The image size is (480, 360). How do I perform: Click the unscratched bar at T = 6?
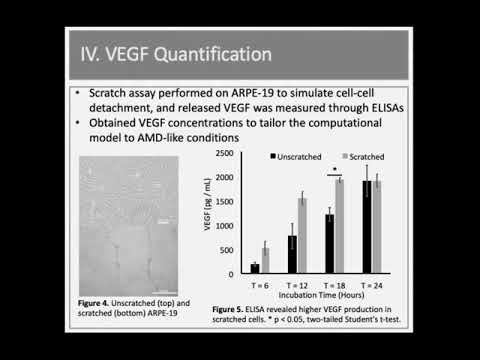(254, 268)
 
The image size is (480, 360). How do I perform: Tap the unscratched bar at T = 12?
(291, 255)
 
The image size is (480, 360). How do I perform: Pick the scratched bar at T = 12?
(303, 235)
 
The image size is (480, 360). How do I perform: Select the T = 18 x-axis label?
(334, 283)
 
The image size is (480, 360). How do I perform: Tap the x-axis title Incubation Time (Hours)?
(315, 295)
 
